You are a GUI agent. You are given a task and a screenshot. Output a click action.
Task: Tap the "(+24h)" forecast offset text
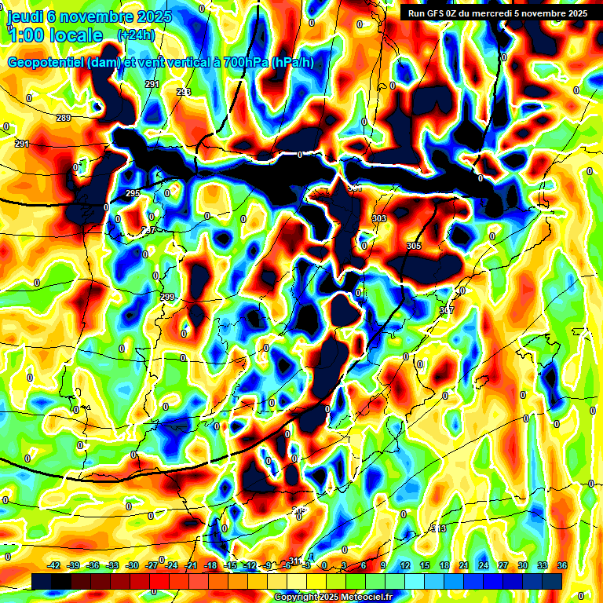pos(135,35)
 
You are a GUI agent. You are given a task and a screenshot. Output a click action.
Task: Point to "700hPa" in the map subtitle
pos(240,63)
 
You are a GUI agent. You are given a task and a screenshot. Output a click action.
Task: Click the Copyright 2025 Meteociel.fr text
pos(334,598)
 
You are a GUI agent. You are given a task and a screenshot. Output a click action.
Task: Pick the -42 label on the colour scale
pos(54,565)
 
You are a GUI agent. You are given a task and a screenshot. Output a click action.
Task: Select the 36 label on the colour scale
pos(562,565)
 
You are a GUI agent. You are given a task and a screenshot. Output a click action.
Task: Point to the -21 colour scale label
pos(191,565)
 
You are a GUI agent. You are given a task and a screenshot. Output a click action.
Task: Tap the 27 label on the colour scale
pos(502,565)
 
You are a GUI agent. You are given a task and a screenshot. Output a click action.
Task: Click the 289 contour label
pos(64,118)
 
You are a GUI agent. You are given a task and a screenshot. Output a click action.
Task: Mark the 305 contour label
pos(414,247)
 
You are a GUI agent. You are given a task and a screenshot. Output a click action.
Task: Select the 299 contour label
pos(166,297)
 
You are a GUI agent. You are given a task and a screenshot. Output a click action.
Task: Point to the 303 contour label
pos(379,218)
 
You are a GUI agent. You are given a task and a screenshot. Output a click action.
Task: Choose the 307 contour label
pos(447,311)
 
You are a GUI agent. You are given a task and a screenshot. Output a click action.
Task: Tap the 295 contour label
pos(133,193)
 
